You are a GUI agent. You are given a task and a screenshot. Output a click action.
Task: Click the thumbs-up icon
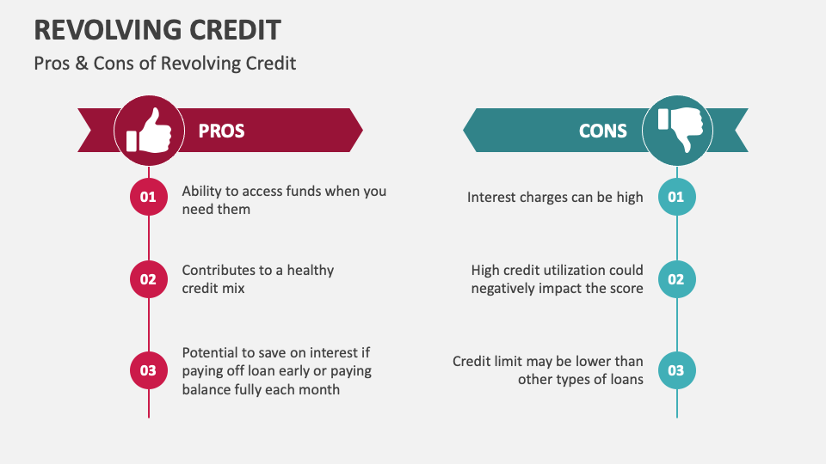(x=149, y=131)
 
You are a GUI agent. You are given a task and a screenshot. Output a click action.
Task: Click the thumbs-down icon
(x=677, y=131)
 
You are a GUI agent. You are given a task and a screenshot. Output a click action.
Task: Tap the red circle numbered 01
(x=148, y=198)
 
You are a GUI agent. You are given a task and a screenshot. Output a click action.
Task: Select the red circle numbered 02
(x=148, y=279)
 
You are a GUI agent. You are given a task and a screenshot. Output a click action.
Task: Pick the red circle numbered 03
(x=148, y=370)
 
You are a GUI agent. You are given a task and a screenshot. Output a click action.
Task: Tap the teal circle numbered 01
(x=676, y=198)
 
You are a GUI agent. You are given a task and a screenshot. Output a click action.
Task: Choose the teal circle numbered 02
(x=676, y=279)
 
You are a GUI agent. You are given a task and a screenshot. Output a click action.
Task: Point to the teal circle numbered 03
(x=676, y=370)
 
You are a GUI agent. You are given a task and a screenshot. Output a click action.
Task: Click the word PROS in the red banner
(x=221, y=131)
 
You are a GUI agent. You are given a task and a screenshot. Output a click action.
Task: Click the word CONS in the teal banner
(x=603, y=131)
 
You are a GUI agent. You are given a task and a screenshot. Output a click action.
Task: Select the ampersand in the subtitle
(x=83, y=64)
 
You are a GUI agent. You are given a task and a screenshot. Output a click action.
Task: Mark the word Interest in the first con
(x=491, y=198)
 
